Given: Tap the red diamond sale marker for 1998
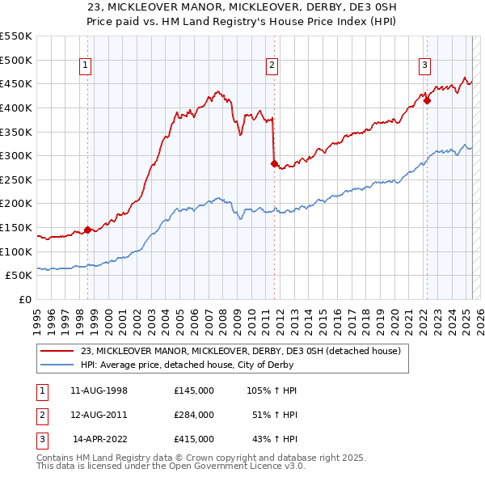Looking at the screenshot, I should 87,230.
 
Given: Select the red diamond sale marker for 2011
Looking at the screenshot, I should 274,163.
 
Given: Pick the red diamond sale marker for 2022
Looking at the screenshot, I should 427,101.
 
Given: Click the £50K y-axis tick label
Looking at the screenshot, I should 19,276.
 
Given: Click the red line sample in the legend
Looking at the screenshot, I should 57,352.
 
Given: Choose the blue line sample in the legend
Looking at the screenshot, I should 57,365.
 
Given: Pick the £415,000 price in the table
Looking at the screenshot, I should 193,439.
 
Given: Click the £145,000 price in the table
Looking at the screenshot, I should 193,390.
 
